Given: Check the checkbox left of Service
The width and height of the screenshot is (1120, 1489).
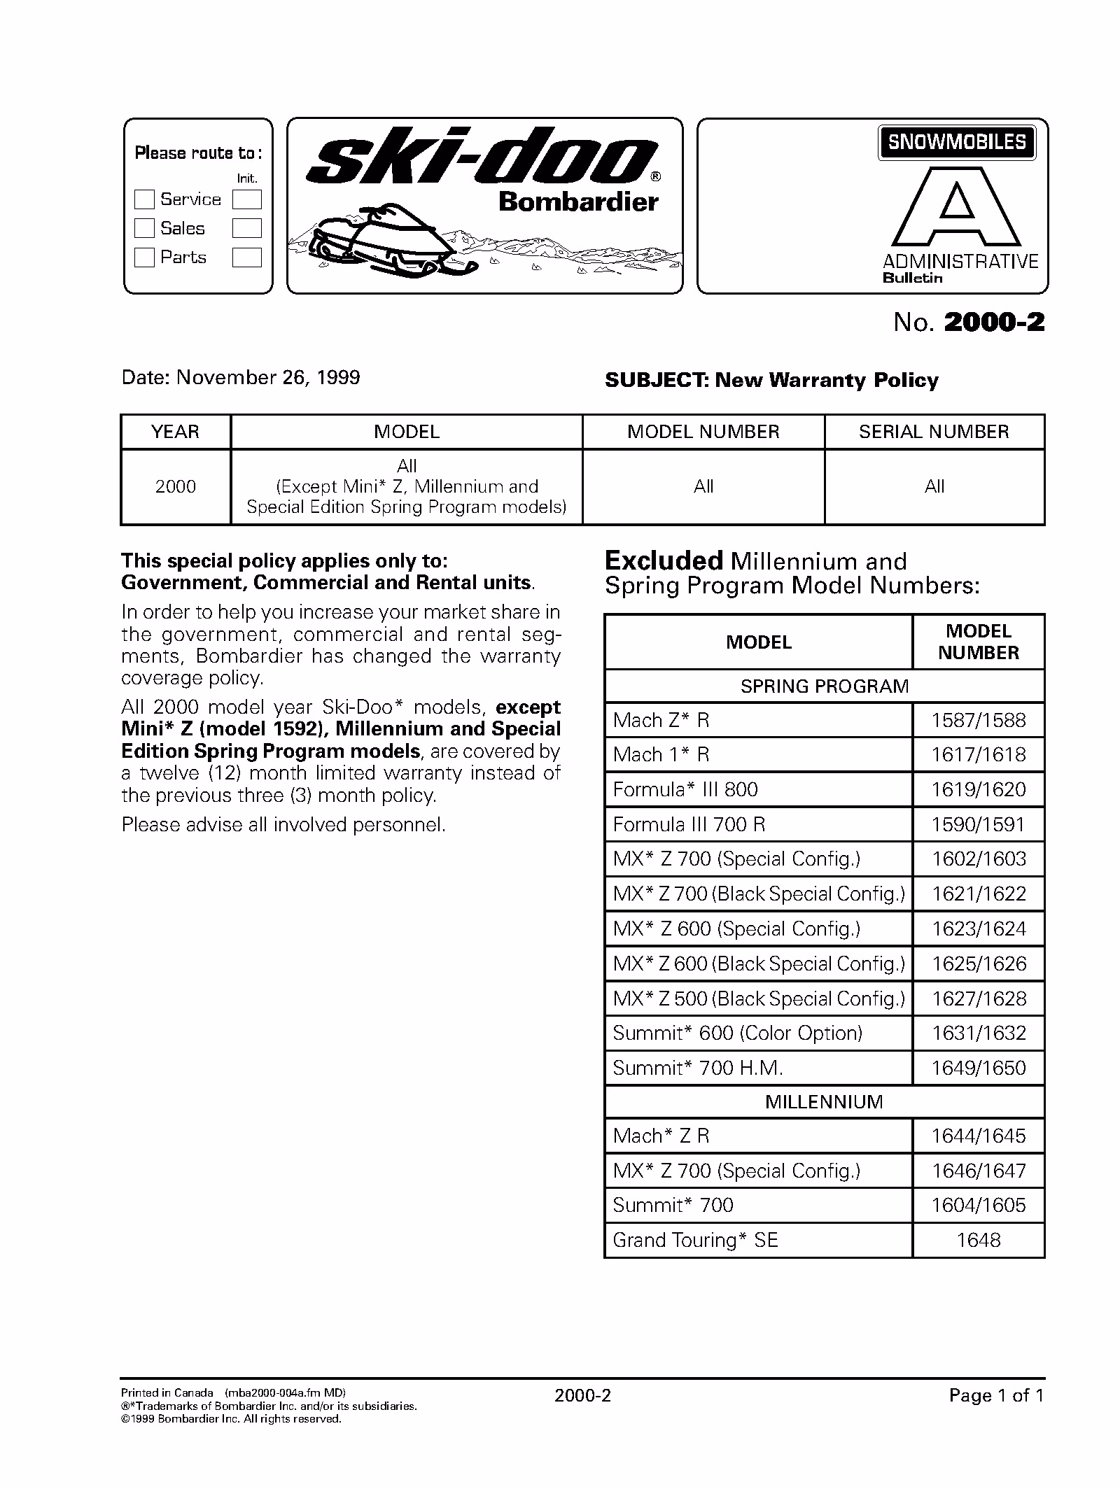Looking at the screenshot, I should [x=143, y=199].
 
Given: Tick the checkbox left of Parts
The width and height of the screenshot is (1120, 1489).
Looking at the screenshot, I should [x=143, y=257].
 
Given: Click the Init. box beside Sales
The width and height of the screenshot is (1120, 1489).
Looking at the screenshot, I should [x=246, y=228].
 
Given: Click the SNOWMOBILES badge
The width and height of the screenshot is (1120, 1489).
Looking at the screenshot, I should [x=956, y=142].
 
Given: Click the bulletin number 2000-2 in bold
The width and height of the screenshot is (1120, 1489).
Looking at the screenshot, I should [x=994, y=323].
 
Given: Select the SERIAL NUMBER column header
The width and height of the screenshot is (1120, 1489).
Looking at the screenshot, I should [x=934, y=432].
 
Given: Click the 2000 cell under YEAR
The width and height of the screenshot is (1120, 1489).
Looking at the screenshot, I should [x=175, y=486].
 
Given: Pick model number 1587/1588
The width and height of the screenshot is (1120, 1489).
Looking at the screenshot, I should [x=978, y=720].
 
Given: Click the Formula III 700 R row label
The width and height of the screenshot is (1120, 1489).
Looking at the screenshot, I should [x=689, y=824].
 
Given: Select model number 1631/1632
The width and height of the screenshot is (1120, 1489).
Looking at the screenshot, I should [x=978, y=1033].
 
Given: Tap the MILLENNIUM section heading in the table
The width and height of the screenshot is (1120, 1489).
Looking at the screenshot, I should [x=824, y=1102].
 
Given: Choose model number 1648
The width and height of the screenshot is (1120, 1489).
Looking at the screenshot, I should [x=978, y=1241].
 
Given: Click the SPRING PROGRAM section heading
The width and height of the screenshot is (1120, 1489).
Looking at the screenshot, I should [x=824, y=686].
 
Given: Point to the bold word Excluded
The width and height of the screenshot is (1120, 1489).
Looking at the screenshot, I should [x=663, y=561].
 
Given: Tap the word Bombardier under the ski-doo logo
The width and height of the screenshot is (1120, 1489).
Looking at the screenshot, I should [x=578, y=202].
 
